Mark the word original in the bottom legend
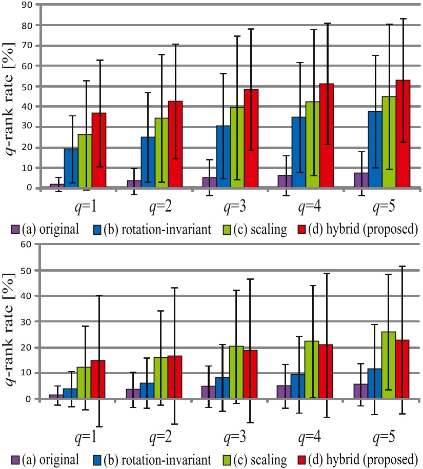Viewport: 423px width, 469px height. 59,458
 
